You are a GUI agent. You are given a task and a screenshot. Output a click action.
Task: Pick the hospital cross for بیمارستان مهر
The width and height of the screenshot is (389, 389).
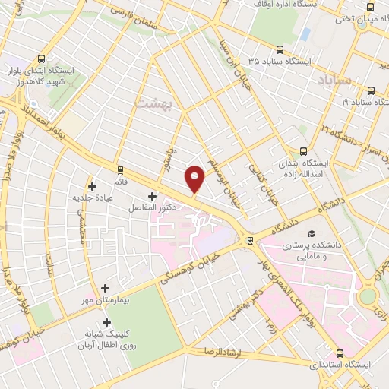pyautogui.click(x=105, y=289)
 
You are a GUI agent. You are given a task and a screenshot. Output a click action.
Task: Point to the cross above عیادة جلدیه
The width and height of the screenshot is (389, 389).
pyautogui.click(x=92, y=185)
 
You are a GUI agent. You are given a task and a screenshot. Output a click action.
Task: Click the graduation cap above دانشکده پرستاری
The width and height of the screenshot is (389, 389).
pyautogui.click(x=310, y=232)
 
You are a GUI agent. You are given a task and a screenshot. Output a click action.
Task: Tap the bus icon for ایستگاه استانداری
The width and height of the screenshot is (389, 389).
pyautogui.click(x=339, y=353)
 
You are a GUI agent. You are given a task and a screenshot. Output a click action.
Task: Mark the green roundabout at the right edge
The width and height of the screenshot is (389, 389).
pyautogui.click(x=369, y=295)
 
